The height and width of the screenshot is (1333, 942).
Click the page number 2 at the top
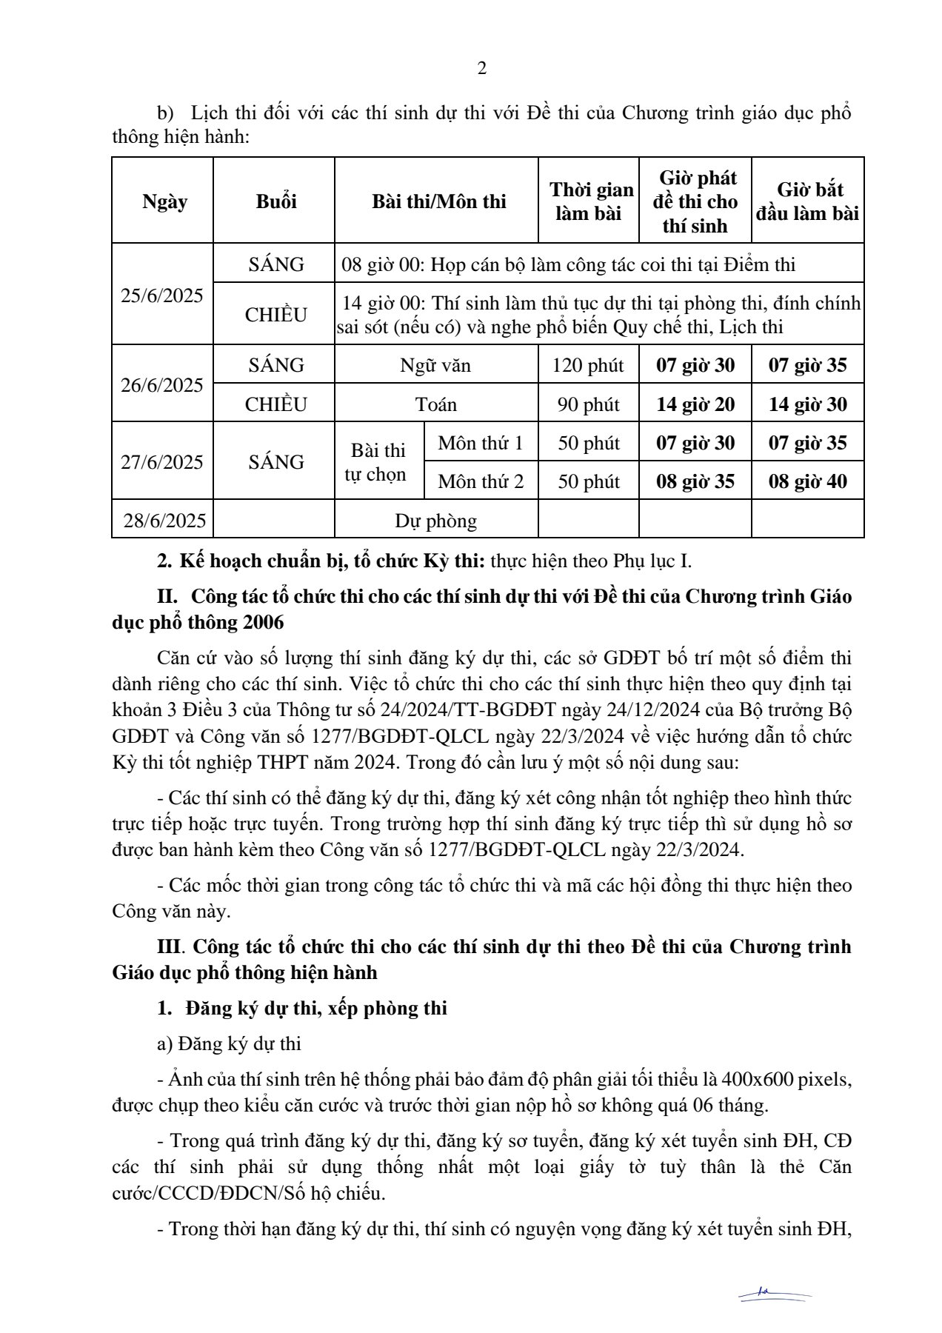click(x=482, y=69)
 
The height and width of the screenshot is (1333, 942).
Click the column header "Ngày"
click(x=164, y=201)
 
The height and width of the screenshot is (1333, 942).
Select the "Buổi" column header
click(x=276, y=201)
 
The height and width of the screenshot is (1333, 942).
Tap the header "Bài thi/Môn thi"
click(x=438, y=201)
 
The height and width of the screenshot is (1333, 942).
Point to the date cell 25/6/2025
click(x=162, y=295)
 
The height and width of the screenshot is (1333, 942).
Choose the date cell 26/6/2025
click(x=162, y=385)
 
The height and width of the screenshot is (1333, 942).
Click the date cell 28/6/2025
click(x=164, y=521)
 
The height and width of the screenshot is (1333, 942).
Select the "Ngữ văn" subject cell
click(x=435, y=365)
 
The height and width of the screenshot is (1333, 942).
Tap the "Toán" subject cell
click(x=436, y=404)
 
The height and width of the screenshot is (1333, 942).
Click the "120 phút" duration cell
click(x=588, y=365)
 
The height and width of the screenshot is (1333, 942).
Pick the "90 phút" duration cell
click(x=588, y=404)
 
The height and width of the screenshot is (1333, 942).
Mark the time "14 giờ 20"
click(x=695, y=404)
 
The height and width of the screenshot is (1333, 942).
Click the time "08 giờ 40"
click(x=807, y=481)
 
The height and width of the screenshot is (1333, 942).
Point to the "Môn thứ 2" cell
click(x=481, y=481)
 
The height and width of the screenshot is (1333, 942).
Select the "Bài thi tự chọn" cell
click(x=378, y=462)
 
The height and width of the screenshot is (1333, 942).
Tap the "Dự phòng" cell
click(x=435, y=521)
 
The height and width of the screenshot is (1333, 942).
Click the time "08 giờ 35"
click(x=695, y=481)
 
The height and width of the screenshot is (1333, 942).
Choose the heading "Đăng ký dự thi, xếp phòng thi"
click(x=316, y=1008)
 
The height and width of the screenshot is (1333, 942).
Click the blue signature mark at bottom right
click(x=775, y=1293)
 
